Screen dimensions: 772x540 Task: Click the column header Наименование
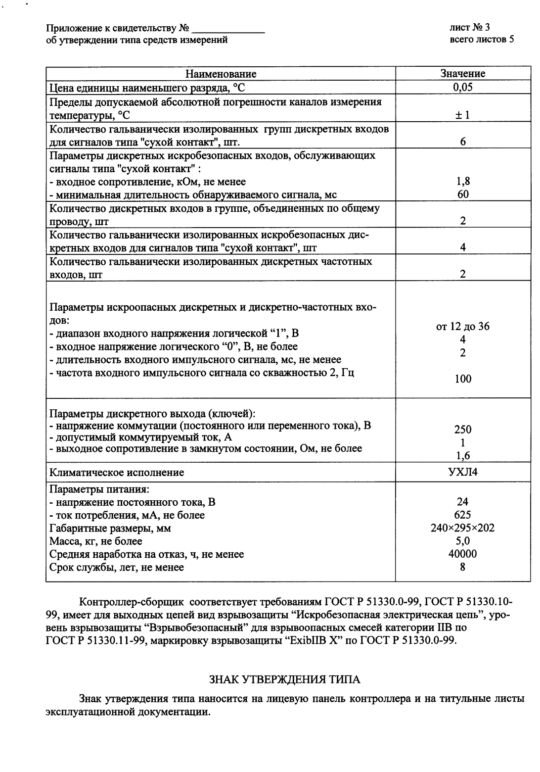pos(221,74)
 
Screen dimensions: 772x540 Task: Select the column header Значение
pos(462,74)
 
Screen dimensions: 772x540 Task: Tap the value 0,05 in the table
pos(462,88)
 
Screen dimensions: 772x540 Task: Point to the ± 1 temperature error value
pos(462,115)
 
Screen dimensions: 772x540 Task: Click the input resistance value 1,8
pos(462,182)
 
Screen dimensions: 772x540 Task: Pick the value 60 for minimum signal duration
pos(462,194)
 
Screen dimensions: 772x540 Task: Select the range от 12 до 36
pos(462,327)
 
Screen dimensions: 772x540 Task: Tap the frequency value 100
pos(462,379)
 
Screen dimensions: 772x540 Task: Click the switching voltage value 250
pos(462,430)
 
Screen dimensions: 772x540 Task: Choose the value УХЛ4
pos(462,472)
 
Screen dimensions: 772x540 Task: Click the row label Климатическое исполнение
pos(117,473)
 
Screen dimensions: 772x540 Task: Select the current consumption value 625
pos(462,515)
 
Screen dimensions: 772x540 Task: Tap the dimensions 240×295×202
pos(462,528)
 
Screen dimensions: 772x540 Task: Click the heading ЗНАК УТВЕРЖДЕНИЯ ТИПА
pos(285,679)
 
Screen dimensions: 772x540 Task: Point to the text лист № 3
pos(470,27)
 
